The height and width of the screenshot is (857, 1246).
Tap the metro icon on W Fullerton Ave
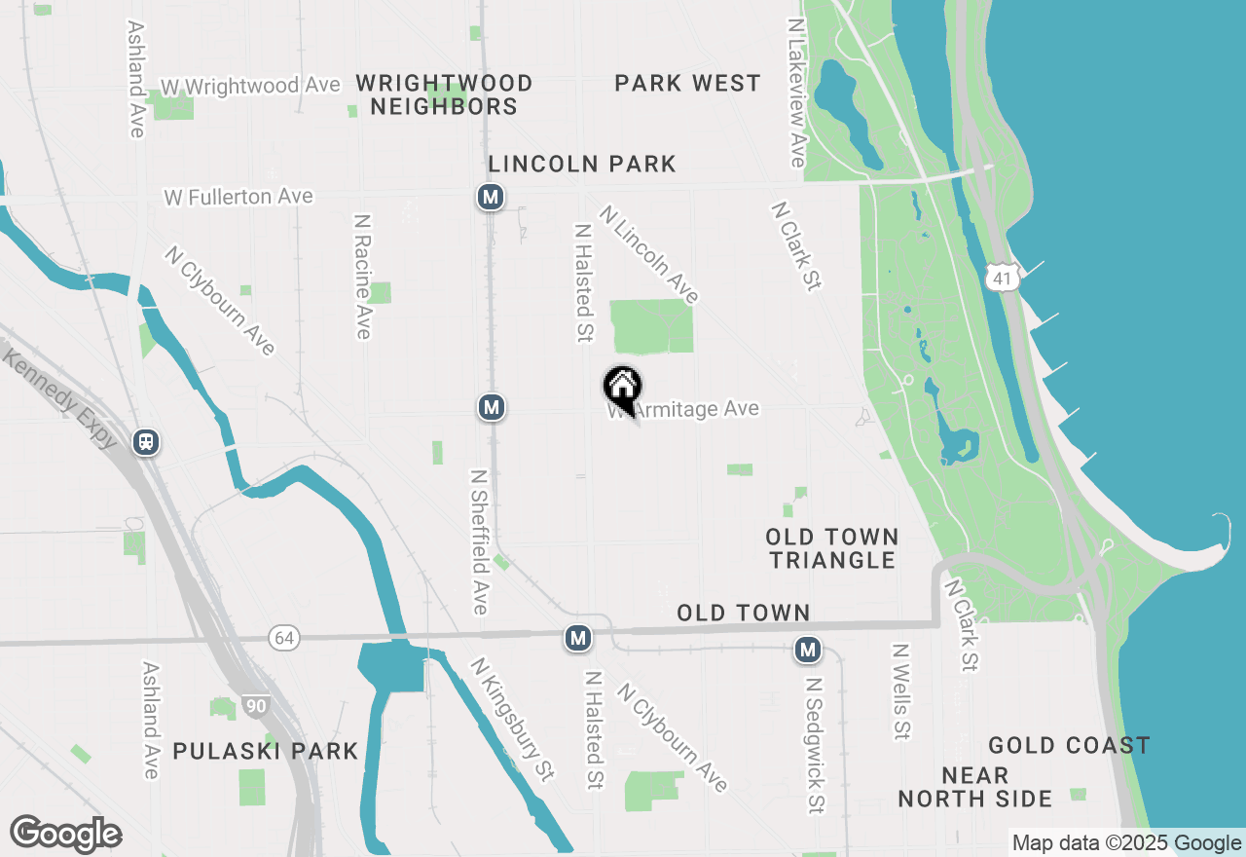click(491, 198)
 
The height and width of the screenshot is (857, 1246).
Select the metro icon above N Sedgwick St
click(807, 649)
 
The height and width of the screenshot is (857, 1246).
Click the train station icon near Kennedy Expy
click(147, 442)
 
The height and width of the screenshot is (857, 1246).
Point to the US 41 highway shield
click(1001, 279)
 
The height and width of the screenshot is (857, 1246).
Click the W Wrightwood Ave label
click(251, 86)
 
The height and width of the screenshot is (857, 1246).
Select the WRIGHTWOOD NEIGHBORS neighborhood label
click(444, 94)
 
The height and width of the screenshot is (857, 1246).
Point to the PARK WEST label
click(687, 84)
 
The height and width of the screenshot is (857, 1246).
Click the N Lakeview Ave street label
click(797, 93)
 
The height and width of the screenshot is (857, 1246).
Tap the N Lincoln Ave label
click(649, 253)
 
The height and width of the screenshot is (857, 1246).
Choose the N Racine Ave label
click(362, 277)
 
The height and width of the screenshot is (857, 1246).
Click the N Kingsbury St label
click(513, 720)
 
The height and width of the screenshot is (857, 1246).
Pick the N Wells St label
click(901, 690)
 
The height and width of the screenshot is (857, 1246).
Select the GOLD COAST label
click(1069, 746)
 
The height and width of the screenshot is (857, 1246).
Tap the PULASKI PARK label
click(266, 751)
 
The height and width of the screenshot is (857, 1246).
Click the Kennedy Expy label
click(60, 398)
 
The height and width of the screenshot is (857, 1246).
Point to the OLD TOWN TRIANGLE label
click(831, 548)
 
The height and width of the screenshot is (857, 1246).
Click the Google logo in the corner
click(65, 835)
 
